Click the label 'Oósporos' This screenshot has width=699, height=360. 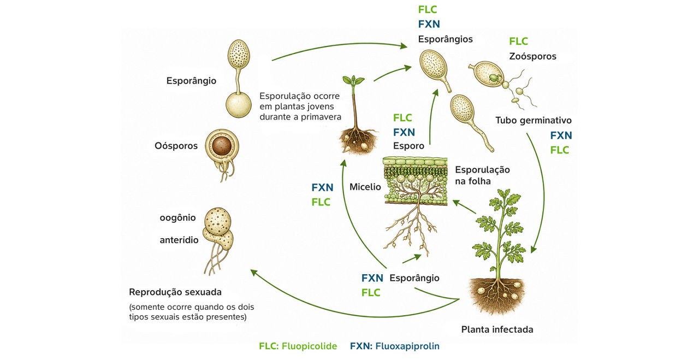tap(176, 146)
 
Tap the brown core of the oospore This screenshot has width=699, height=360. tap(222, 146)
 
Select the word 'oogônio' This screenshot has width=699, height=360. tap(177, 217)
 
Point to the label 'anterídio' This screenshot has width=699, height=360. tap(179, 240)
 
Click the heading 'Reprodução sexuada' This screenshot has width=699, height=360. tap(175, 292)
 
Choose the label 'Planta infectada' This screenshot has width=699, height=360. tap(497, 329)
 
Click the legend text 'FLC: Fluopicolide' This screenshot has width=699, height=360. tap(298, 346)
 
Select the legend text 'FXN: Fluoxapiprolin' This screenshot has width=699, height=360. tap(394, 346)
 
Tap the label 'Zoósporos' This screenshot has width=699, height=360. tap(532, 56)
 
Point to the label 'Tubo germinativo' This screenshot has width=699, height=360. tap(534, 120)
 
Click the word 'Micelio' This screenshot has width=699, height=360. tap(365, 187)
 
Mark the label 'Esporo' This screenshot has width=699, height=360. tap(408, 146)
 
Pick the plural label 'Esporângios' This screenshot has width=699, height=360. tap(445, 39)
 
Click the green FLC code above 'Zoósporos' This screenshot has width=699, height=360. tap(518, 41)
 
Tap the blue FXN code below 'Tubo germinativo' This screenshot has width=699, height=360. tap(561, 135)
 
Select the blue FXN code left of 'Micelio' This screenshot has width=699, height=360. tap(322, 187)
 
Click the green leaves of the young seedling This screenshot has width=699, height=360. tap(353, 80)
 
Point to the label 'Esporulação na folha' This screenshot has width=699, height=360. tap(482, 175)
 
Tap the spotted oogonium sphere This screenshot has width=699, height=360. tap(218, 221)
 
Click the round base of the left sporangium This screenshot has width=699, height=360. tap(239, 105)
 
